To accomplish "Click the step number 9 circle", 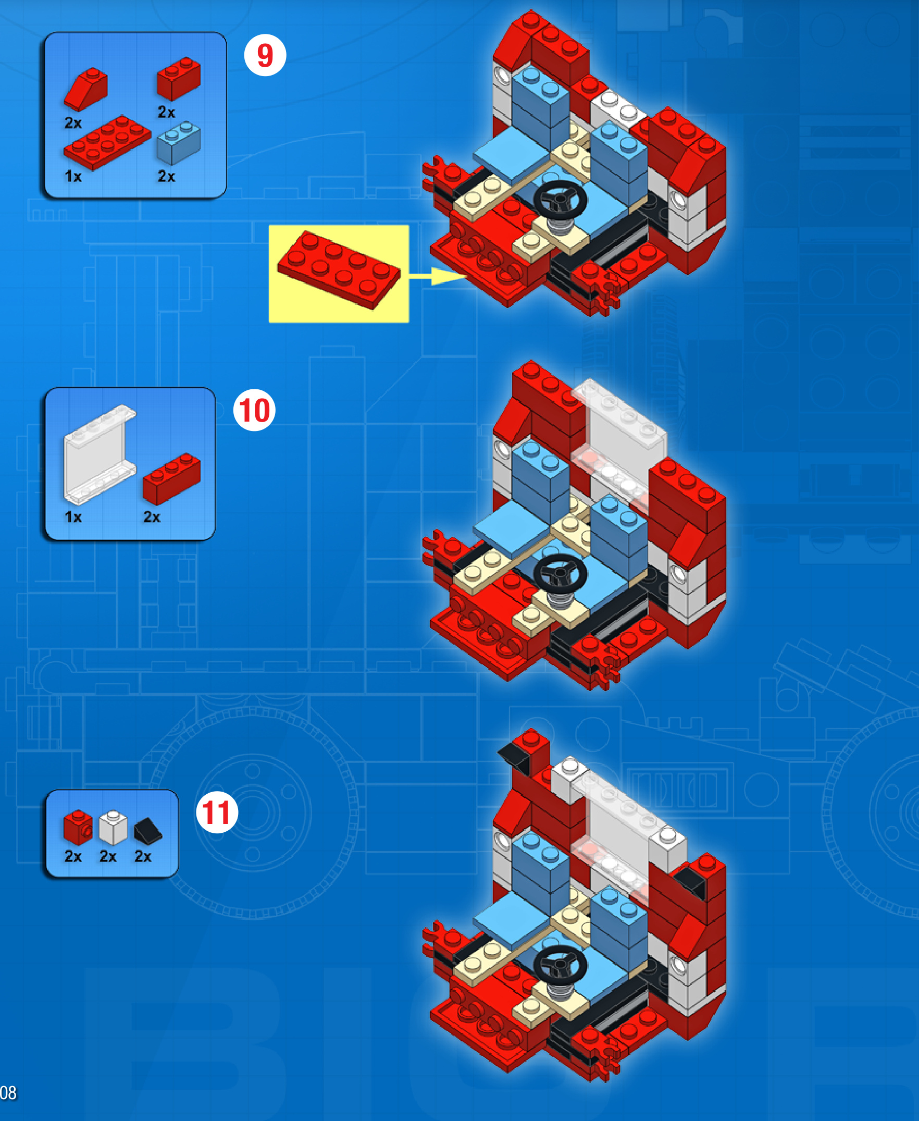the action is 265,55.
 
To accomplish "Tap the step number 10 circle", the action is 254,410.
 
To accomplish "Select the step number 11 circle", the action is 217,812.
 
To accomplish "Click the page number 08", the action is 8,1092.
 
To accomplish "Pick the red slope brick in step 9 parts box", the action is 86,89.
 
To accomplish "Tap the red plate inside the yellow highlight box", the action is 339,269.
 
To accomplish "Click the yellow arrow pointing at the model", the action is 437,276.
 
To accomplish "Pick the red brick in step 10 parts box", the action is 171,478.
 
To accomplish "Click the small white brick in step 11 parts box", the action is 113,828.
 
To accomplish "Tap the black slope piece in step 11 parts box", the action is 148,831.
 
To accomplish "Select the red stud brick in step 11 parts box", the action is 78,827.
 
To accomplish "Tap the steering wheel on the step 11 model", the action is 560,965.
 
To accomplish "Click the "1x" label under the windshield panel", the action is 73,517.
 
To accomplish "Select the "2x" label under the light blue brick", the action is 166,176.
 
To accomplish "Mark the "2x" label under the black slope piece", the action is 143,856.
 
